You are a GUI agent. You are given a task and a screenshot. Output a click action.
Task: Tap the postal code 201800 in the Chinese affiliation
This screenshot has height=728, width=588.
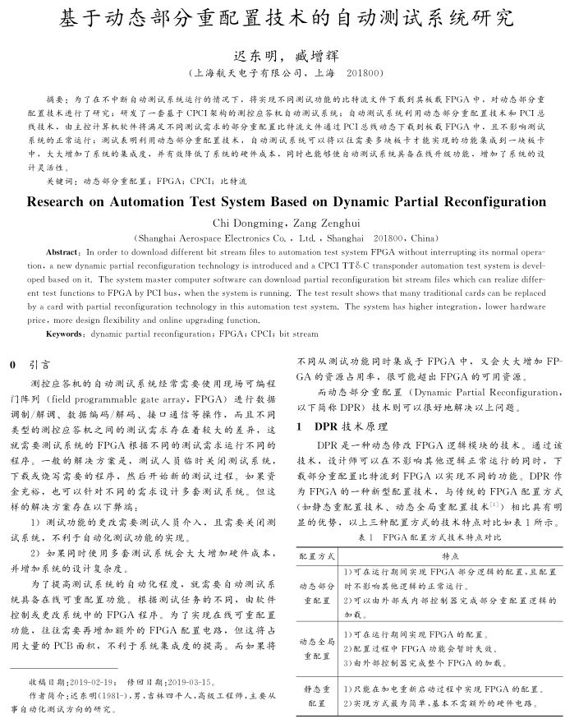point(366,72)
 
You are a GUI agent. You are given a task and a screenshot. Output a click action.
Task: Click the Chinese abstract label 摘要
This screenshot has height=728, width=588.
point(54,97)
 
